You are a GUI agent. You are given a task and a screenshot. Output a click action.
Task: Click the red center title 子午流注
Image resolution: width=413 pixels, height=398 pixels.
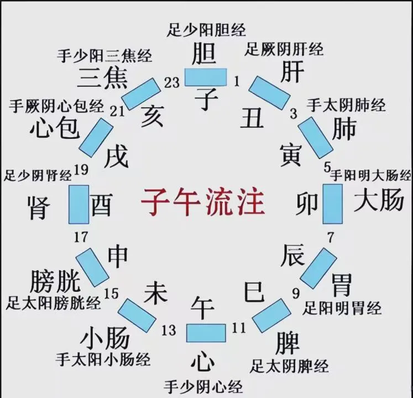coord(202,202)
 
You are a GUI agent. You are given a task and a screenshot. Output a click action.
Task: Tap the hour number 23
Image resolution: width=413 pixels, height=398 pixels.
coord(172,82)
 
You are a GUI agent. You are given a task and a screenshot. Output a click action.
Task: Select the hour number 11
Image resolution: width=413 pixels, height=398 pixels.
coord(238,328)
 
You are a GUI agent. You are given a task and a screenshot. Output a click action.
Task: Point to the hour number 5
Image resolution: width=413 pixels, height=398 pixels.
coord(327,167)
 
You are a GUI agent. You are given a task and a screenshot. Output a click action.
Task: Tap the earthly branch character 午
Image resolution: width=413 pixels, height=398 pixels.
coord(203,307)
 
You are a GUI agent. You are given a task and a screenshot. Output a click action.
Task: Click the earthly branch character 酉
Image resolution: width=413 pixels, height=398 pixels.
coord(101,205)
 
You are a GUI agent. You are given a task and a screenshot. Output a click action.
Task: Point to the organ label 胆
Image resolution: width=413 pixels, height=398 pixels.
coord(203,54)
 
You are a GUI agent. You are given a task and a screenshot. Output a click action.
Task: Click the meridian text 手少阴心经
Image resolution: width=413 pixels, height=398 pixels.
coord(203,386)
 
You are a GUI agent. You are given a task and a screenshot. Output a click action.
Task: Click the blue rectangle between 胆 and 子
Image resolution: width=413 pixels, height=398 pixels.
coord(206,77)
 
